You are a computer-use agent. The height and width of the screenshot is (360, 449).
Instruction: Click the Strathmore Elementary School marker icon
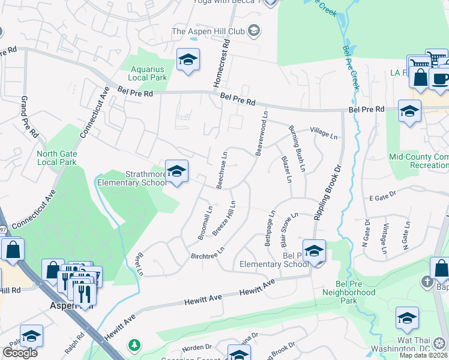tap(176, 172)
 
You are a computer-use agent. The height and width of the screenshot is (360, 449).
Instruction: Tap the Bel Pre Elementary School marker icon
tap(314, 251)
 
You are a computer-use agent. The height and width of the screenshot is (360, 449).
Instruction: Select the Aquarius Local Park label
tap(148, 74)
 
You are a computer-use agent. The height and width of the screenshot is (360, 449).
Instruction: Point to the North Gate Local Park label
tap(56, 158)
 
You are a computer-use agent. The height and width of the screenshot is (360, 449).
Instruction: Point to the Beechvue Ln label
tap(222, 170)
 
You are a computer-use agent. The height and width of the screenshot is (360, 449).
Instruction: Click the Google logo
tap(20, 352)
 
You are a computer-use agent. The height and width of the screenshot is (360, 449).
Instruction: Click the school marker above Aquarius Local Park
tap(188, 61)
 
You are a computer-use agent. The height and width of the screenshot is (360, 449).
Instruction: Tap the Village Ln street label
tap(324, 133)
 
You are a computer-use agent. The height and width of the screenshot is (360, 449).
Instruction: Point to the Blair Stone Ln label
tap(288, 230)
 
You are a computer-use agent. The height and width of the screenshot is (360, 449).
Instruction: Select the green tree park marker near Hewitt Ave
tap(134, 345)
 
